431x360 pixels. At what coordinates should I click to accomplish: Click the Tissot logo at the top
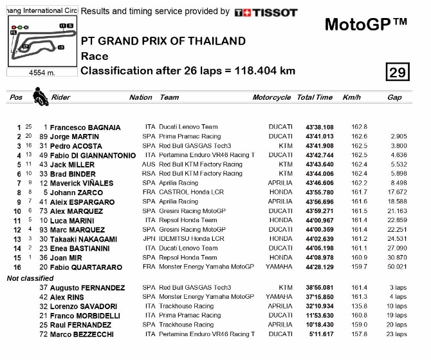[x=266, y=12]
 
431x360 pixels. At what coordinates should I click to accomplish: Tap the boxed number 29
[x=398, y=72]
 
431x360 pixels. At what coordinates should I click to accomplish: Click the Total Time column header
[x=315, y=98]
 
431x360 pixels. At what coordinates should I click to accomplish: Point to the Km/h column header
[x=352, y=98]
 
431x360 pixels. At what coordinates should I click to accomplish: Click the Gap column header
[x=394, y=98]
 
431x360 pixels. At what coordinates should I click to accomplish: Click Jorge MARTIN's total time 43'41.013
[x=319, y=137]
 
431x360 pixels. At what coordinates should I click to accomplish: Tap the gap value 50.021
[x=398, y=267]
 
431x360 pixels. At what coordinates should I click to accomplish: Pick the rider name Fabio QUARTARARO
[x=86, y=267]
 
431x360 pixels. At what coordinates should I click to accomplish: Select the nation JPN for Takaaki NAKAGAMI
[x=149, y=239]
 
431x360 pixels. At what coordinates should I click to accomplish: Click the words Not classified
[x=30, y=278]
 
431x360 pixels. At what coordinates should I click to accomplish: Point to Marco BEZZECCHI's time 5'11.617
[x=320, y=334]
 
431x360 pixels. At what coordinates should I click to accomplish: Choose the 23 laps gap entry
[x=397, y=334]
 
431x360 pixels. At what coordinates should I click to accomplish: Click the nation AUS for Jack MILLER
[x=149, y=164]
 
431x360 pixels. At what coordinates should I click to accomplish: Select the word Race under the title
[x=95, y=56]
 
